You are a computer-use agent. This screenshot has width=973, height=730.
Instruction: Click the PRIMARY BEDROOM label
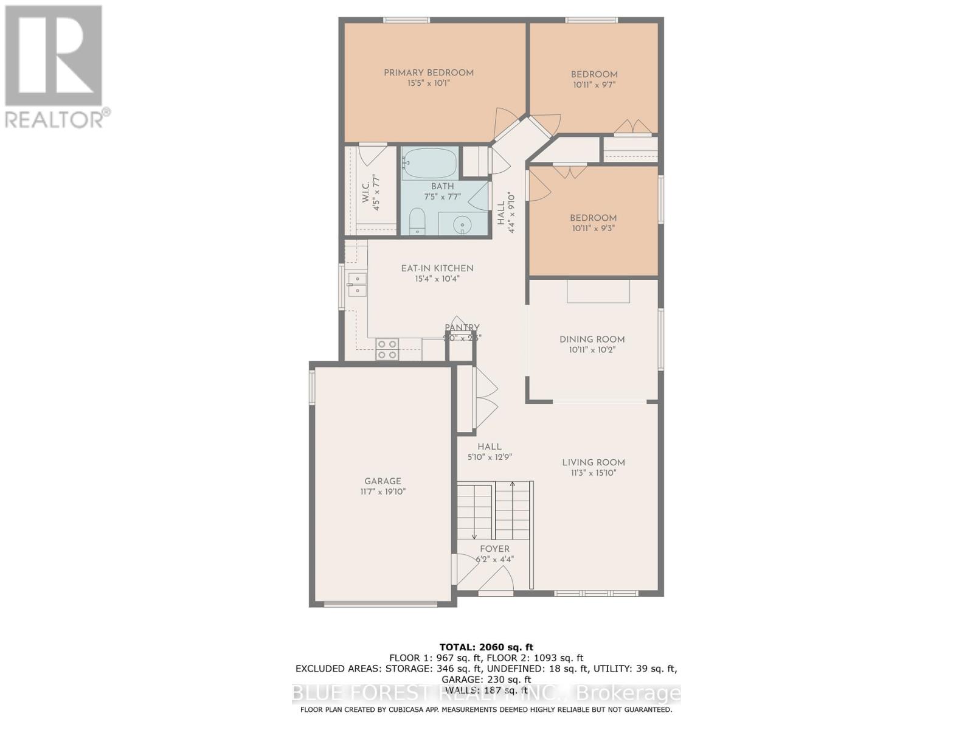point(428,73)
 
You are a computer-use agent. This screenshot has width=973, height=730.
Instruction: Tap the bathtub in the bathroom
point(429,163)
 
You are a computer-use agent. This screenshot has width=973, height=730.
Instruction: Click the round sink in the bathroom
point(463,225)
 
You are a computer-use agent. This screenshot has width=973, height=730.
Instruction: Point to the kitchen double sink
point(357,285)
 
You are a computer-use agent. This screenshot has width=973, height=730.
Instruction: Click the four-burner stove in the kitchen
point(387,349)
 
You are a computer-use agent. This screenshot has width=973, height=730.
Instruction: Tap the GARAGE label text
point(383,481)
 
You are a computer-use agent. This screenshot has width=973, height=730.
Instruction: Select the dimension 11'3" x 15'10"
point(593,473)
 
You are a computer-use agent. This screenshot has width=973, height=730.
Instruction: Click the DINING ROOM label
point(592,339)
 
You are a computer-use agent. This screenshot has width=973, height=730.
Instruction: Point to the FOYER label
point(494,549)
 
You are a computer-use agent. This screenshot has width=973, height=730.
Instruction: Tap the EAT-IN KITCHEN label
point(437,268)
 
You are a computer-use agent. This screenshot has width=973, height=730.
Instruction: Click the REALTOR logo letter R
point(54,56)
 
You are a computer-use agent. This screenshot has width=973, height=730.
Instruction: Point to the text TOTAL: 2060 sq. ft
point(486,647)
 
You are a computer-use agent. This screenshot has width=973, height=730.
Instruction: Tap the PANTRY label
point(462,327)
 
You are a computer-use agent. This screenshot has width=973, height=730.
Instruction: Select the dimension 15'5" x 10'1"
point(428,83)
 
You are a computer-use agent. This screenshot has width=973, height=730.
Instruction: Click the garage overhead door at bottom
point(381,604)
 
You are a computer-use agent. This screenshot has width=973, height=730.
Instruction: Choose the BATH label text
point(442,186)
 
